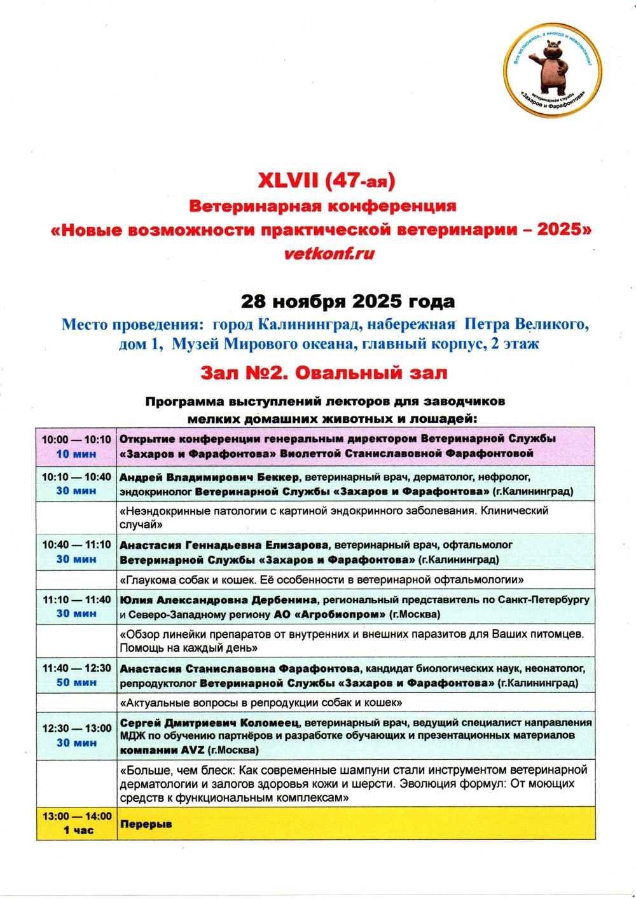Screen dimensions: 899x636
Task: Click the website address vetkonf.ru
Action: coord(329,253)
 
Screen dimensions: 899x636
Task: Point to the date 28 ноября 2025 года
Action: coord(347,300)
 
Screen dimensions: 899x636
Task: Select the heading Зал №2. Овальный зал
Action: coord(324,373)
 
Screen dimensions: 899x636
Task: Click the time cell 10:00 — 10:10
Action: coord(76,439)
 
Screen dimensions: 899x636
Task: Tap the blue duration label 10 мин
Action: coord(76,454)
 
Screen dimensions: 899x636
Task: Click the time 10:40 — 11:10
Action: coord(76,545)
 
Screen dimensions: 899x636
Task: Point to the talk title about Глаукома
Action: coord(322,580)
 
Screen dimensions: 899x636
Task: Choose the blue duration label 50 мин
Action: coord(76,682)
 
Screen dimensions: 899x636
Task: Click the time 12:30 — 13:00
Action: coord(76,729)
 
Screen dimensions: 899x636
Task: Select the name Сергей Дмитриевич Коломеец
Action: coord(210,722)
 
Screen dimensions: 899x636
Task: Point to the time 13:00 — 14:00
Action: coord(76,816)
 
